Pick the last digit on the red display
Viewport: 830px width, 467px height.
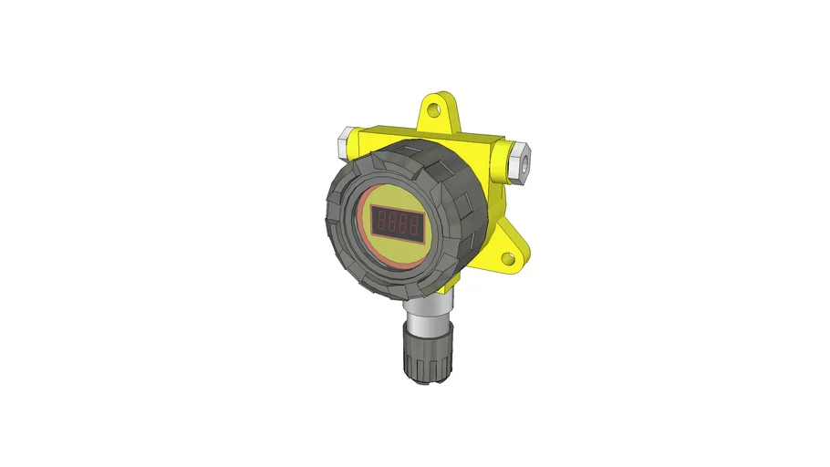click(415, 223)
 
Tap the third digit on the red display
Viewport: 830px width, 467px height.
click(404, 222)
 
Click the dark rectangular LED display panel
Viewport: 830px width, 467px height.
click(399, 222)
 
